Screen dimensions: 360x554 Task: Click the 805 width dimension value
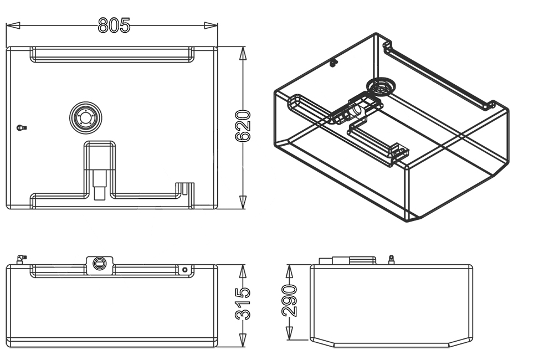[x=114, y=25]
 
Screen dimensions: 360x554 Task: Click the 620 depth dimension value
[x=244, y=127]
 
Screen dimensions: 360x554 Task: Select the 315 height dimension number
[x=244, y=304]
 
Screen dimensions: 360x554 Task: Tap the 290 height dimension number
[x=289, y=300]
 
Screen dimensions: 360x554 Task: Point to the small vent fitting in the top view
[x=22, y=128]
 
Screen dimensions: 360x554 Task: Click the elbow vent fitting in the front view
[x=21, y=258]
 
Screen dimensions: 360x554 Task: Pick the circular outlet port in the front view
[x=100, y=263]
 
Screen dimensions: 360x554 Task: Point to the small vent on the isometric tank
[x=333, y=63]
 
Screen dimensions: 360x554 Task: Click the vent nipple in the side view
[x=391, y=259]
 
